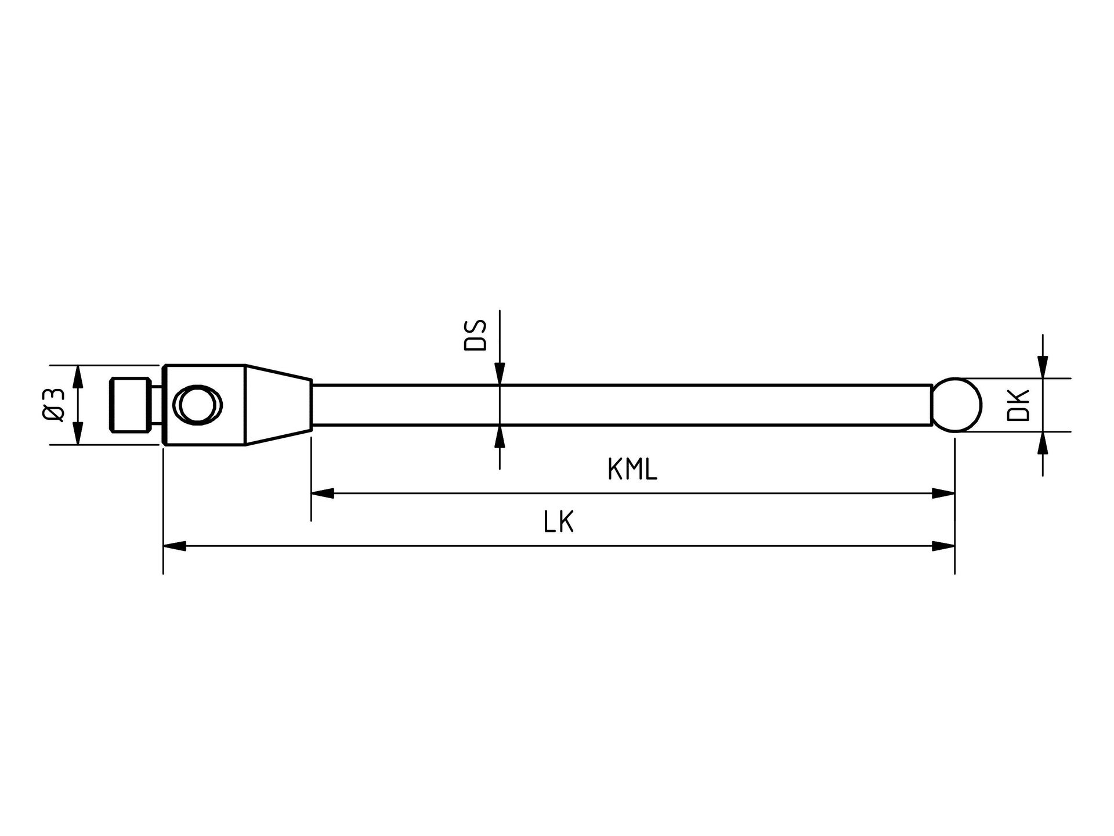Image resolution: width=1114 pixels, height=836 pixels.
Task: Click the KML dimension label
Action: (632, 470)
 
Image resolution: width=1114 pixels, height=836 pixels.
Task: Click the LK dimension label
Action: (559, 522)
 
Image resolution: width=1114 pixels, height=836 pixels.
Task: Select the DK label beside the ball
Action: (1018, 405)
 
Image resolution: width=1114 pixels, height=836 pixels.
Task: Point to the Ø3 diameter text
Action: (53, 405)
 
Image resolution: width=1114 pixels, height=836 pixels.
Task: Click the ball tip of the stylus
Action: (957, 405)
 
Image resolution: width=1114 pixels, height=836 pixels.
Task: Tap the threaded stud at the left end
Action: (130, 405)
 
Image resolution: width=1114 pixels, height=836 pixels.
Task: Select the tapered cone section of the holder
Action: (278, 405)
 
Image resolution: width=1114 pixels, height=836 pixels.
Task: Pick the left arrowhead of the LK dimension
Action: (175, 546)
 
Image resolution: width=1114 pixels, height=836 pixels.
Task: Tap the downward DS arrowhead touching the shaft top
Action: (500, 374)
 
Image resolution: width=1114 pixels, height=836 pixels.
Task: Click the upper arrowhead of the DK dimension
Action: (1043, 367)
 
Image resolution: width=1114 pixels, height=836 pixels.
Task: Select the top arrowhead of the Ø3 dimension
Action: (78, 377)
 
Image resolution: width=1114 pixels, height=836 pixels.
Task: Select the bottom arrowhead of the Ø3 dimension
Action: (78, 433)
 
